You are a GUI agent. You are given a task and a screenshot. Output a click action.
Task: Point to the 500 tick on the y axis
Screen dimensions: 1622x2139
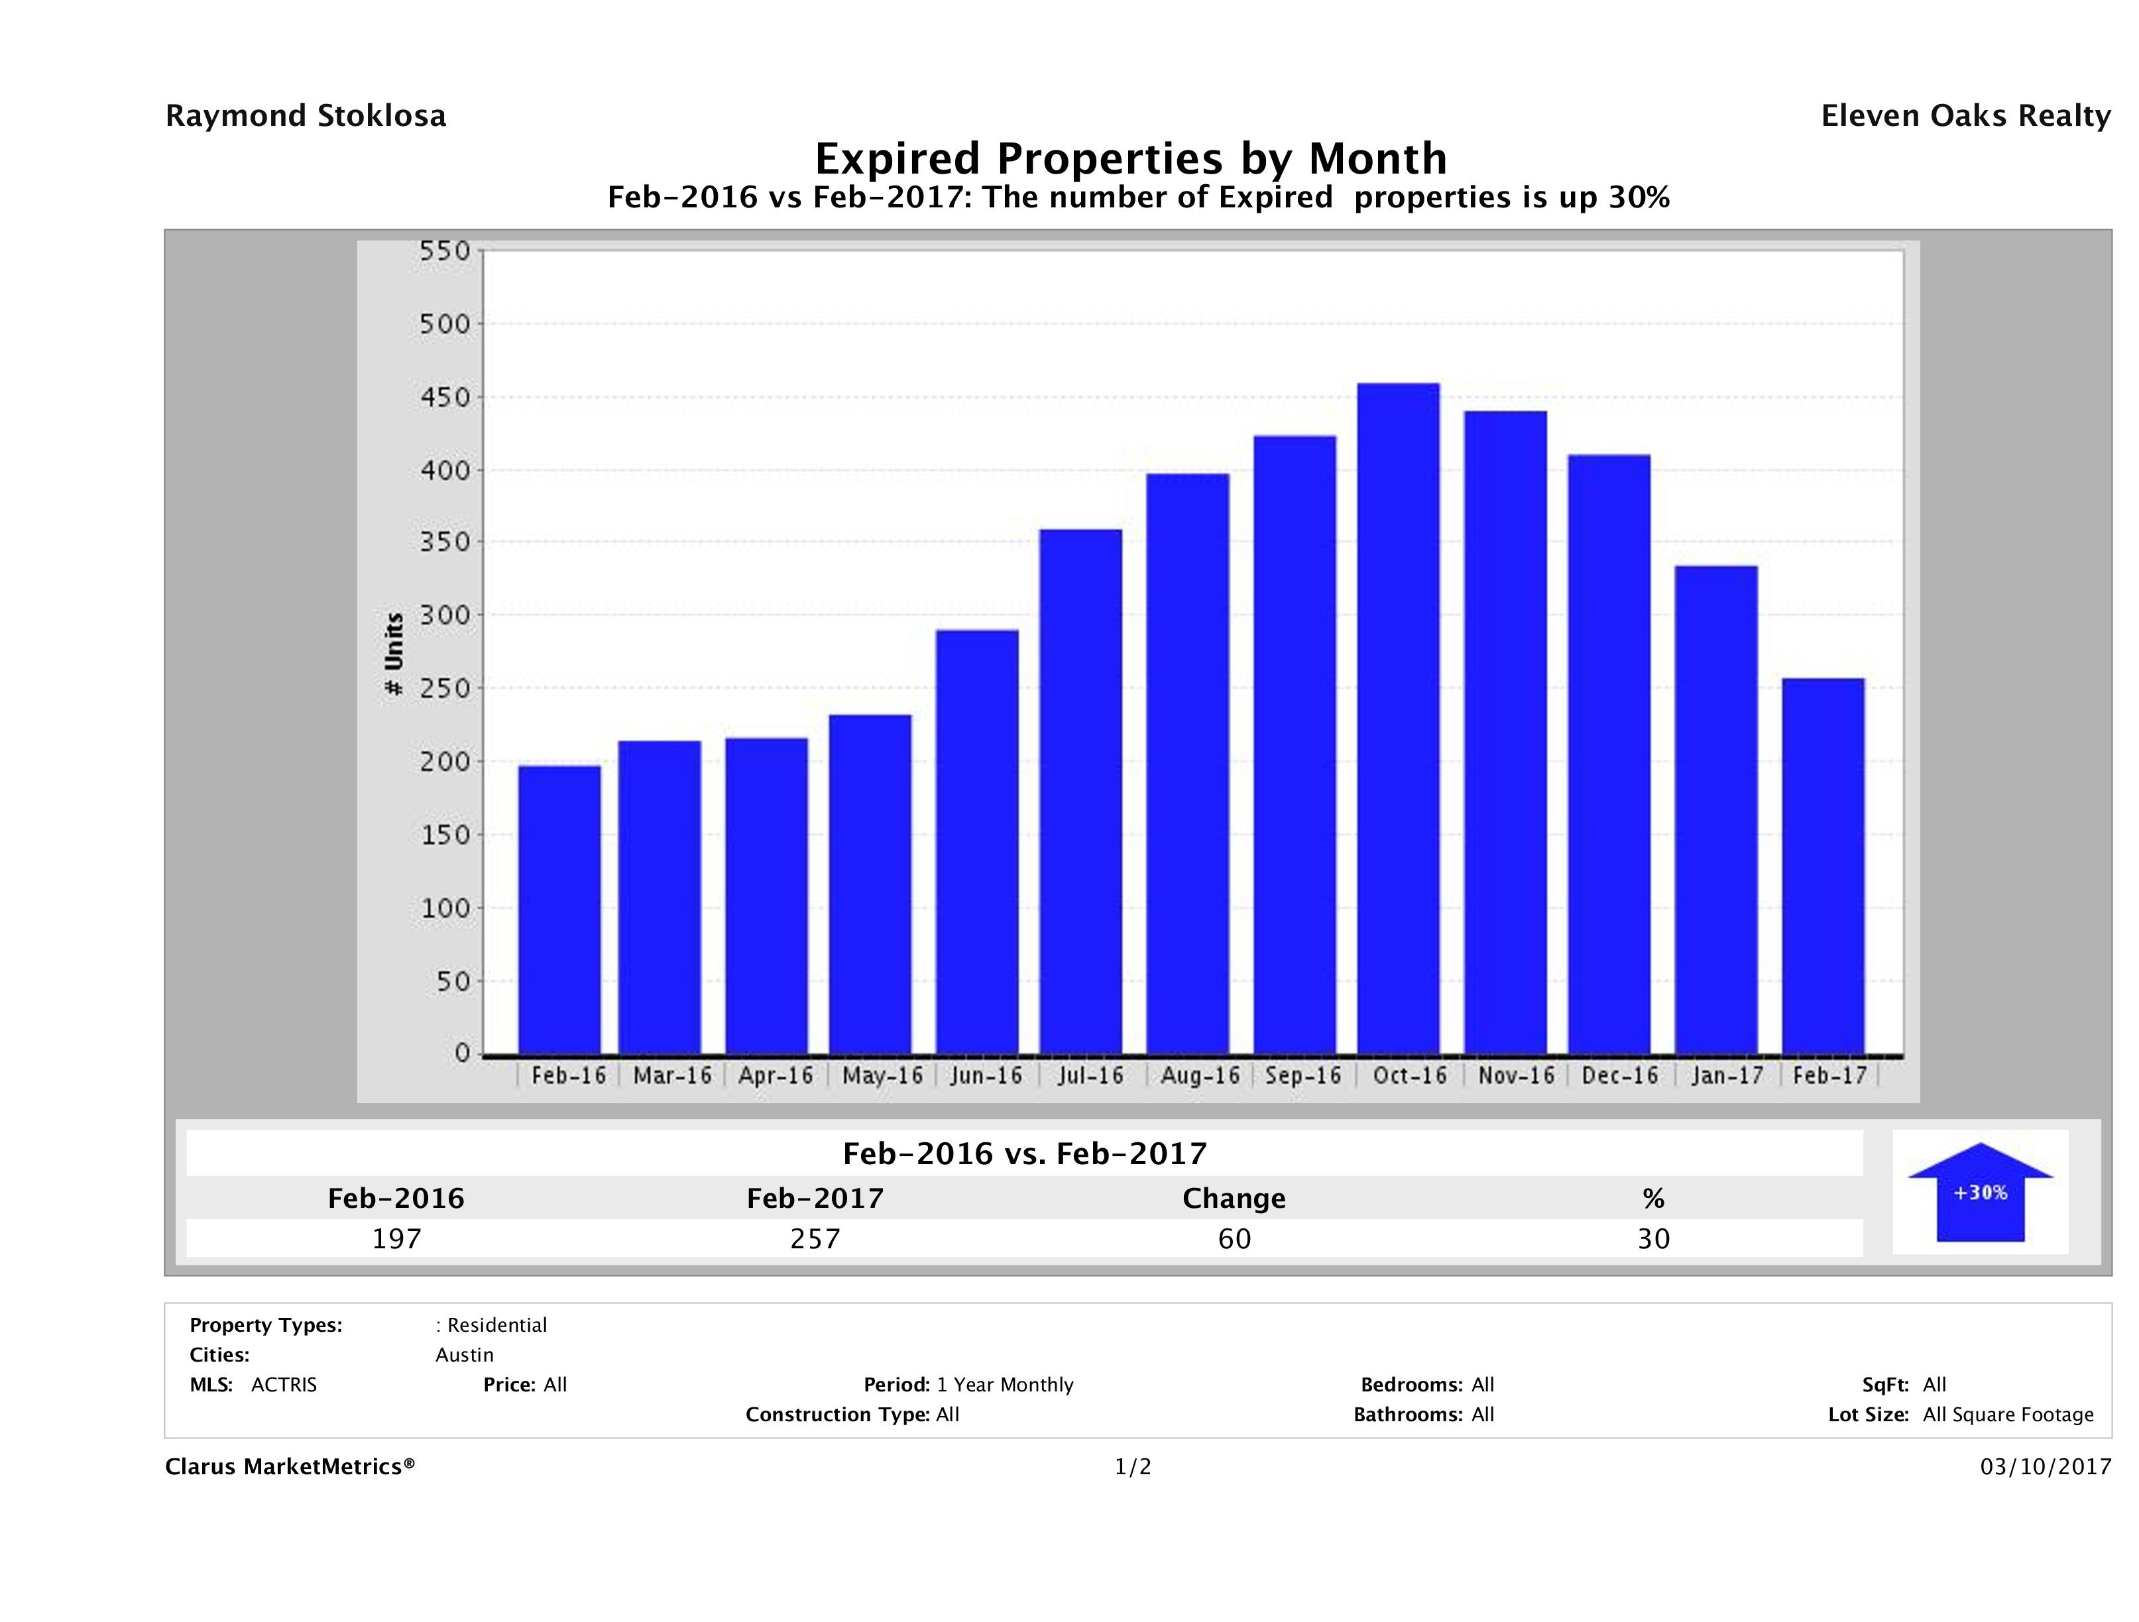[445, 324]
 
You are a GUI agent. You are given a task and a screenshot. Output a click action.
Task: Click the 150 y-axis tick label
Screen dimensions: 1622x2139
[445, 835]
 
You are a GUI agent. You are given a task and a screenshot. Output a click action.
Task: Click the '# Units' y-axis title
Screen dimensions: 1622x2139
[394, 655]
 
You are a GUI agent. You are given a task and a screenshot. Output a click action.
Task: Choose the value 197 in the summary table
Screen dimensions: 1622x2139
[396, 1238]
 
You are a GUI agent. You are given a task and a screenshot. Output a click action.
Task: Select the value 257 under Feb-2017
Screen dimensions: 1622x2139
[815, 1238]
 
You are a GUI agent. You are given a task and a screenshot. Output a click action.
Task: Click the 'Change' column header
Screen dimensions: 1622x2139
[1234, 1199]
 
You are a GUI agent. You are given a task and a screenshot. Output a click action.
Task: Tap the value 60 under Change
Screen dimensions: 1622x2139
[1235, 1238]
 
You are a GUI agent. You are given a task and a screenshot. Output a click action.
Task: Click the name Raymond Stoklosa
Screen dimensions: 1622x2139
[306, 116]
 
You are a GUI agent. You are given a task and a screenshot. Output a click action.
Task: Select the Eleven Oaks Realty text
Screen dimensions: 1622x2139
[1965, 116]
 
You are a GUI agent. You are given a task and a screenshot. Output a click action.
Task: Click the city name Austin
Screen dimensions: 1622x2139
[464, 1355]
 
